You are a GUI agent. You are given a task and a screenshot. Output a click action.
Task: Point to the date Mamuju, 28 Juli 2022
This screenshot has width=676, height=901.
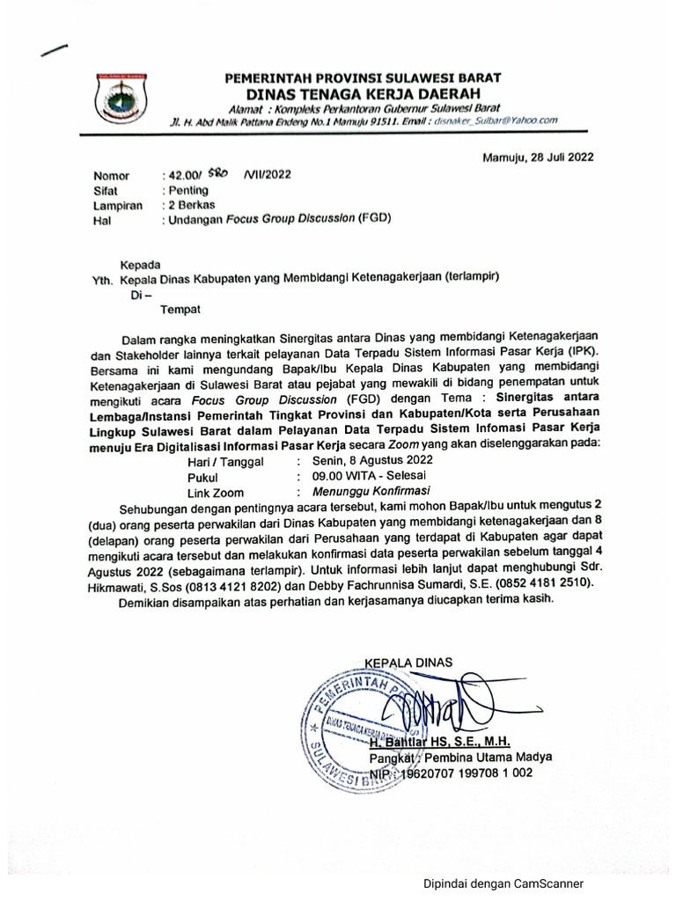tap(538, 158)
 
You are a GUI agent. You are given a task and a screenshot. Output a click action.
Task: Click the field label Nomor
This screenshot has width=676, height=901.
tap(111, 176)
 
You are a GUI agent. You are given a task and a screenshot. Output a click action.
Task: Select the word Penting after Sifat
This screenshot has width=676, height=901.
tap(187, 190)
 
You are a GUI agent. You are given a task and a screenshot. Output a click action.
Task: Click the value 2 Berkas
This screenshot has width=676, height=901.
tap(190, 205)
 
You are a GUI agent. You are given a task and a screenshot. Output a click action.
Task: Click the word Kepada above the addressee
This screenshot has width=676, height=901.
tap(141, 264)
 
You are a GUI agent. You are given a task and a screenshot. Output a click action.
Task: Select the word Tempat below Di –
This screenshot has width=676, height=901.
tap(180, 309)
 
